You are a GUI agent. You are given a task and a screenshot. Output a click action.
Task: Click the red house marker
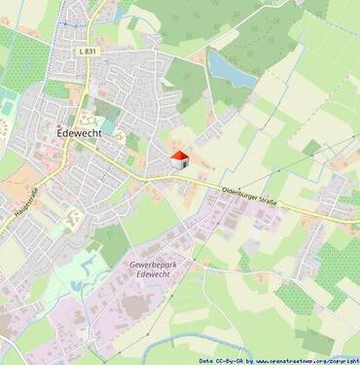[178, 160]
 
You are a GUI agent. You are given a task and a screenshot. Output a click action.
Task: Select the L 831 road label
[86, 52]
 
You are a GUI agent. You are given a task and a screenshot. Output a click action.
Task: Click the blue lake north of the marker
[231, 68]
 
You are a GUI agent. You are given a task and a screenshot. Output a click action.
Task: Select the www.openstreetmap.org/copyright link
[306, 360]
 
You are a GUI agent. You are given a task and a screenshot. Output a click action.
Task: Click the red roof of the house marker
[178, 155]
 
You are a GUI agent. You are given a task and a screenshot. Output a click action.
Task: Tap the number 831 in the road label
[90, 52]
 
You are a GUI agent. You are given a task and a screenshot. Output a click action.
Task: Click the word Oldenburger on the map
[245, 194]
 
